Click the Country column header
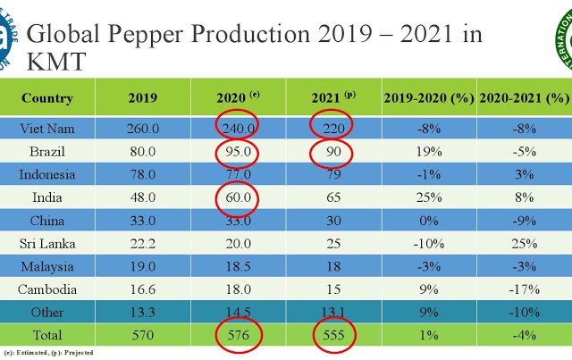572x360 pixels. point(47,97)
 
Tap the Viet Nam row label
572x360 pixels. point(47,128)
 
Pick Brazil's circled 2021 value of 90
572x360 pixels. point(332,151)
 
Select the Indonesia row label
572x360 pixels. point(47,173)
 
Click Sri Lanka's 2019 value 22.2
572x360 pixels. point(143,243)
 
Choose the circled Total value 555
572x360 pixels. point(332,335)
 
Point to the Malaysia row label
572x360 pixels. point(47,266)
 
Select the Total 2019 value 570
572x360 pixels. point(143,335)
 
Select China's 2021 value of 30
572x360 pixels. point(332,220)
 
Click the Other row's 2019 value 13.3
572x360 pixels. point(143,312)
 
